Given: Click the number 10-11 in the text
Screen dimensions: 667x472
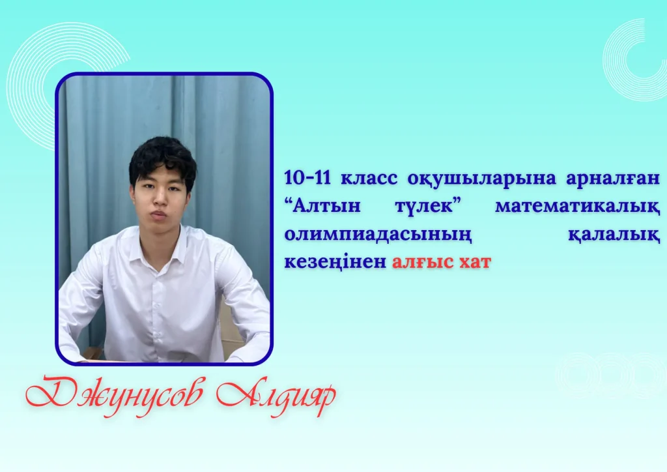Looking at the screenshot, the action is pyautogui.click(x=307, y=178).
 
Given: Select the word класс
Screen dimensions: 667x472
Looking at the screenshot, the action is pyautogui.click(x=369, y=179).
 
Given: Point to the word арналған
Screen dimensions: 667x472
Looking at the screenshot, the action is pyautogui.click(x=613, y=179).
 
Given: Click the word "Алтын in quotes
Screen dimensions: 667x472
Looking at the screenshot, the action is pyautogui.click(x=322, y=206).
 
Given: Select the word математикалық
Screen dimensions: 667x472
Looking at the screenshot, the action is pyautogui.click(x=578, y=207).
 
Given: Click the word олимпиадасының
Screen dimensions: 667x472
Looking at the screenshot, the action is pyautogui.click(x=378, y=235).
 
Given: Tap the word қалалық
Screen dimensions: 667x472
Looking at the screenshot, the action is pyautogui.click(x=614, y=235).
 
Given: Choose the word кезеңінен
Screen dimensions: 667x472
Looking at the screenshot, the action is pyautogui.click(x=335, y=262).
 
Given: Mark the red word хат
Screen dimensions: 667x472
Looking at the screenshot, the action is pyautogui.click(x=475, y=262).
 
